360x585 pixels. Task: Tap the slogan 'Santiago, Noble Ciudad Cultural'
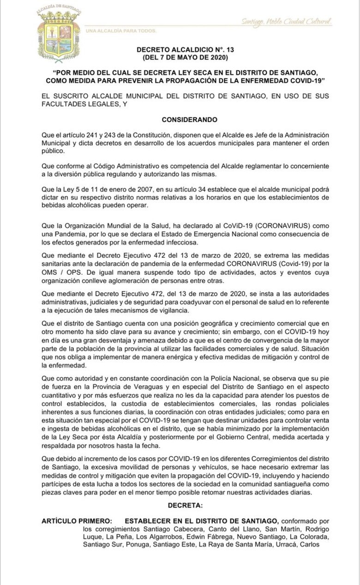(x=286, y=22)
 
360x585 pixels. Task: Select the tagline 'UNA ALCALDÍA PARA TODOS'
(x=121, y=31)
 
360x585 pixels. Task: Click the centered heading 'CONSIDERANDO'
(x=189, y=119)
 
